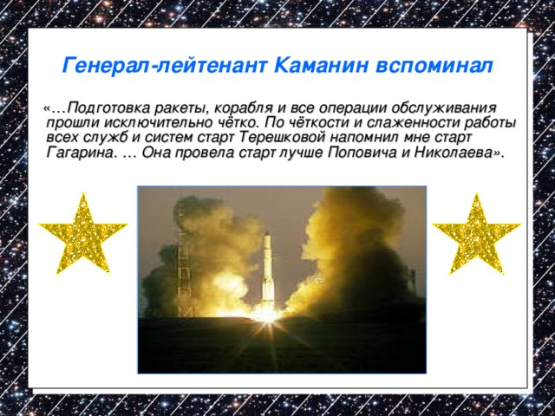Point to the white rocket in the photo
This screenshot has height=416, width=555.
tap(269, 269)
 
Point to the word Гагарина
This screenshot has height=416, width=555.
tap(79, 154)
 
